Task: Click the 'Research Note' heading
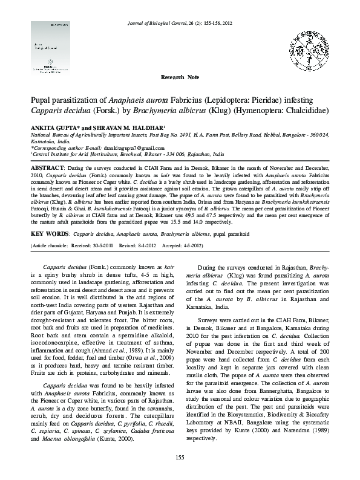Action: click(x=180, y=79)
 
